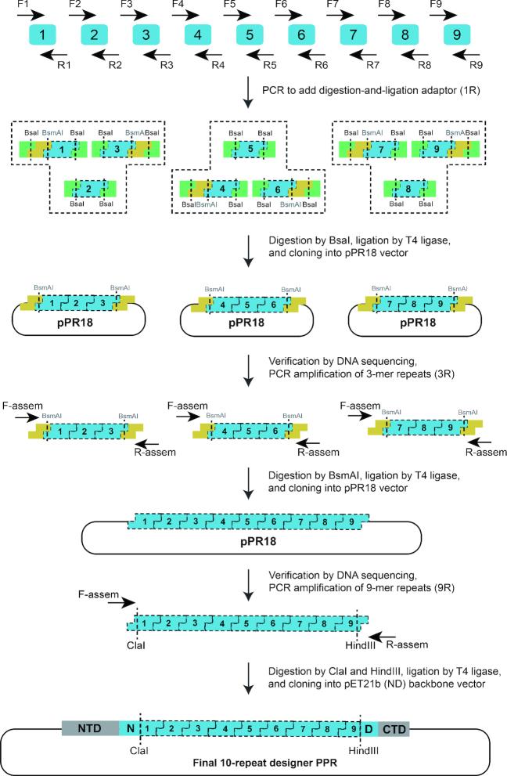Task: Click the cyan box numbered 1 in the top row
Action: tap(42, 34)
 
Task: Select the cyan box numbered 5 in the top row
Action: tap(250, 34)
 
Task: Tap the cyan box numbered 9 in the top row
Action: tap(457, 34)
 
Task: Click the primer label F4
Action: tap(178, 5)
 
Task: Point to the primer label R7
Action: tap(372, 65)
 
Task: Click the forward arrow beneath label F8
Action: tap(392, 16)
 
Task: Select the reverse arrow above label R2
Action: tap(106, 54)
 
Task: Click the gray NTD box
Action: tap(90, 728)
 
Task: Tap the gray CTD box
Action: tap(394, 729)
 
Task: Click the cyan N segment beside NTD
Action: tap(130, 728)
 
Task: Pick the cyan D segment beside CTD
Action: tap(369, 729)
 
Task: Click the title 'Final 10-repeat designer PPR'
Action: tap(264, 763)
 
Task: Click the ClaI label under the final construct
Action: tap(139, 751)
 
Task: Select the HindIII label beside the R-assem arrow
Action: tap(360, 645)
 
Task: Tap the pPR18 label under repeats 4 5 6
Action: tap(246, 323)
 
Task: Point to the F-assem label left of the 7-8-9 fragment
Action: tap(360, 406)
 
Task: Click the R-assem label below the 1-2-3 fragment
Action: tap(155, 452)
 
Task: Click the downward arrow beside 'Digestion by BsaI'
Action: tap(248, 251)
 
